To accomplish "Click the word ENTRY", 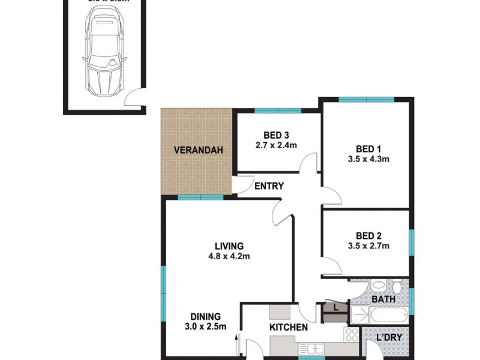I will [x=269, y=186].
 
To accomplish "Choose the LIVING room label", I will [x=229, y=245].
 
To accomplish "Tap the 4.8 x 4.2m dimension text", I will [x=229, y=256].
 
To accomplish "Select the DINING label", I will [x=206, y=316].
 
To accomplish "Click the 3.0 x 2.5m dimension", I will [x=206, y=327].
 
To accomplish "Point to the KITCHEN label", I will [x=289, y=328].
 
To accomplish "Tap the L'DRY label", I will [x=389, y=337].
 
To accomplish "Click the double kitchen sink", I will [x=312, y=347].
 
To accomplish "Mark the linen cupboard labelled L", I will [x=335, y=307].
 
